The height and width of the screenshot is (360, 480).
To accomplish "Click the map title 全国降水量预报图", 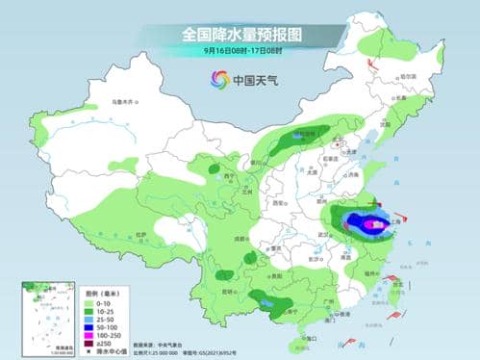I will click(x=240, y=34).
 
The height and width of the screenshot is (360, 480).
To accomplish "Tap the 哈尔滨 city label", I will click(x=409, y=77).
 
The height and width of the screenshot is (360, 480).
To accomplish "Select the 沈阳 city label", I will click(x=386, y=124).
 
